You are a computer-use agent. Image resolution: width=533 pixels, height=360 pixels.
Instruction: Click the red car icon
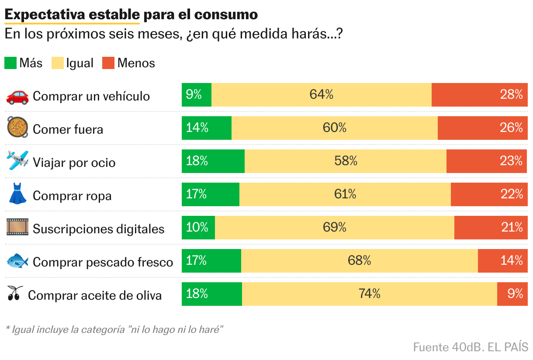17,96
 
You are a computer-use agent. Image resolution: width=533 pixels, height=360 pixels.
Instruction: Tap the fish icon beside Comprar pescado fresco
17,261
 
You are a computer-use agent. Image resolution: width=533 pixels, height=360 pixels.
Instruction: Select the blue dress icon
17,194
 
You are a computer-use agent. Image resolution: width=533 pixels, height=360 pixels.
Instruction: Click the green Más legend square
10,63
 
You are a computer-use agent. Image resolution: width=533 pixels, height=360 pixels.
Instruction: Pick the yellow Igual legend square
57,63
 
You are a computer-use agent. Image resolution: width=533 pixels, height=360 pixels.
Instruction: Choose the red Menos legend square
108,63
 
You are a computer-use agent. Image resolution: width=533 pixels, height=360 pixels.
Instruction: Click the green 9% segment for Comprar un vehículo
197,94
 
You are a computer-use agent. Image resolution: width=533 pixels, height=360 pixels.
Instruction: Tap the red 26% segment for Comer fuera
482,128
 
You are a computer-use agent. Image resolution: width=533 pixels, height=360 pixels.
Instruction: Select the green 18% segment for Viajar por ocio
213,161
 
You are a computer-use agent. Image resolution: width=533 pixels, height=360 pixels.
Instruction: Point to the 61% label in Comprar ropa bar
345,194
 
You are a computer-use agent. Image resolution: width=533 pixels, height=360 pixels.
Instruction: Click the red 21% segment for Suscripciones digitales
491,227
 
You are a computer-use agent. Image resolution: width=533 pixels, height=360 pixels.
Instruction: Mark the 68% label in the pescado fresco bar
360,260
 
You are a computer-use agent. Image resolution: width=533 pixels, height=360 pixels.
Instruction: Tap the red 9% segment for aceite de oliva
512,294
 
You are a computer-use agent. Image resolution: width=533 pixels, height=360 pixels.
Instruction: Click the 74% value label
370,294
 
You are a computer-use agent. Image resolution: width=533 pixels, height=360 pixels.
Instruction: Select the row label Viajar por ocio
74,163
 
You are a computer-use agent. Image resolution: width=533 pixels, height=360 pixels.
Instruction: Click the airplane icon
17,160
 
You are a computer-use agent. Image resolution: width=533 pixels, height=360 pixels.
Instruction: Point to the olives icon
15,294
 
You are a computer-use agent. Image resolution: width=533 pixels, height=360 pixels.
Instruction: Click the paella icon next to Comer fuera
17,127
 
